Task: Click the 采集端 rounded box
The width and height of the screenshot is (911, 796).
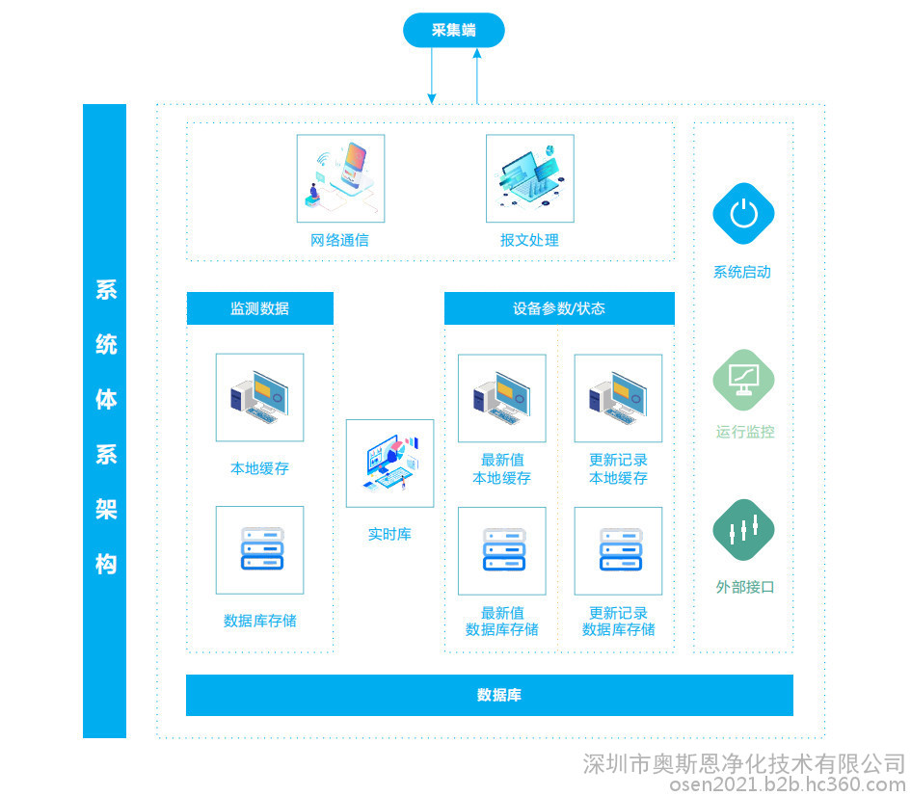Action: (x=454, y=30)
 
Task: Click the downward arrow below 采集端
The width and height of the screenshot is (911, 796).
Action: (x=432, y=75)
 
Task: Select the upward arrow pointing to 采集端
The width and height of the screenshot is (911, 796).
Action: (x=477, y=76)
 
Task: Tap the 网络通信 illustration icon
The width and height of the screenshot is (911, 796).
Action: (x=340, y=178)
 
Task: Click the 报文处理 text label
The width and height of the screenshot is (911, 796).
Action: (x=529, y=240)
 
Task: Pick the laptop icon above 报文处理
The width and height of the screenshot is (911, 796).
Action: (x=530, y=178)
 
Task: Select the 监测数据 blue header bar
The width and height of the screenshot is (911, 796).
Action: (x=259, y=308)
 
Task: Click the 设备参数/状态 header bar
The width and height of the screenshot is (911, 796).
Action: (x=559, y=308)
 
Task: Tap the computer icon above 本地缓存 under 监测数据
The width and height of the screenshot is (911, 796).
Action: (x=259, y=397)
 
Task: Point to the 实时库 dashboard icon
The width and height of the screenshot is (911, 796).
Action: (x=389, y=464)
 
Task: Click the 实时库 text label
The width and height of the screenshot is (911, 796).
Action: (x=389, y=534)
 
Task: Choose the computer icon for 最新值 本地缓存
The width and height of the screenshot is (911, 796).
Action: (x=502, y=398)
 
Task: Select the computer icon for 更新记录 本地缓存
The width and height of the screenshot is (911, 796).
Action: (x=618, y=398)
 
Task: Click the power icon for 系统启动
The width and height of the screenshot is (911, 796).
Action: (x=743, y=214)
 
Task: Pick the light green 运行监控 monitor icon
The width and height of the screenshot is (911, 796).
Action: (x=743, y=381)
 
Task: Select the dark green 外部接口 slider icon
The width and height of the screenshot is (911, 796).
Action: (x=743, y=529)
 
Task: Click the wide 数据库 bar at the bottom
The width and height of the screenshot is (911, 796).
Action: (x=489, y=695)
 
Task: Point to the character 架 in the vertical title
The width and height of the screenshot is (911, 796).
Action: (x=106, y=509)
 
